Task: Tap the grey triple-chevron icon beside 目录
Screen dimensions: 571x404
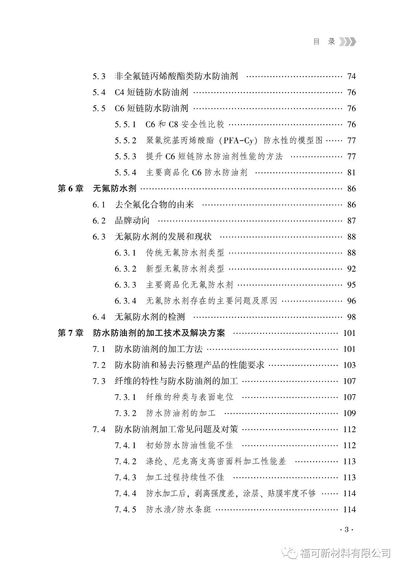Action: pyautogui.click(x=348, y=42)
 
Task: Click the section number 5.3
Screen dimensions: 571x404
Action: pyautogui.click(x=99, y=76)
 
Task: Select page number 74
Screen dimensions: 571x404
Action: pyautogui.click(x=351, y=76)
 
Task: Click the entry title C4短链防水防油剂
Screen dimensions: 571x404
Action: pyautogui.click(x=151, y=92)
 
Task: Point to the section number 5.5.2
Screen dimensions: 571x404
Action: pyautogui.click(x=125, y=140)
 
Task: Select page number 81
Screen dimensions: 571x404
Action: pyautogui.click(x=351, y=173)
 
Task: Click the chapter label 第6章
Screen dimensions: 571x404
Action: pyautogui.click(x=70, y=189)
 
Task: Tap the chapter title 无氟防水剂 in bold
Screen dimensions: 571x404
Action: pyautogui.click(x=115, y=189)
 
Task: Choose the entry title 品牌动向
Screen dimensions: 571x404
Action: pyautogui.click(x=132, y=221)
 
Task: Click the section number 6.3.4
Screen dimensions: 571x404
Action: pyautogui.click(x=125, y=301)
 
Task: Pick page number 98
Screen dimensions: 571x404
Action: pyautogui.click(x=351, y=317)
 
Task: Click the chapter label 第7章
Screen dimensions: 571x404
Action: pyautogui.click(x=70, y=333)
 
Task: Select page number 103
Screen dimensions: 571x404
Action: pyautogui.click(x=349, y=366)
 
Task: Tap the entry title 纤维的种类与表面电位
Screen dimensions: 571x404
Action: pyautogui.click(x=190, y=397)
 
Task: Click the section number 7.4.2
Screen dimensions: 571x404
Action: pyautogui.click(x=125, y=462)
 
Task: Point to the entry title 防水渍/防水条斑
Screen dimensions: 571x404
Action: pyautogui.click(x=179, y=510)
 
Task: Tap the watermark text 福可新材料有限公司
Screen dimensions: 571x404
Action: pyautogui.click(x=345, y=553)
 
